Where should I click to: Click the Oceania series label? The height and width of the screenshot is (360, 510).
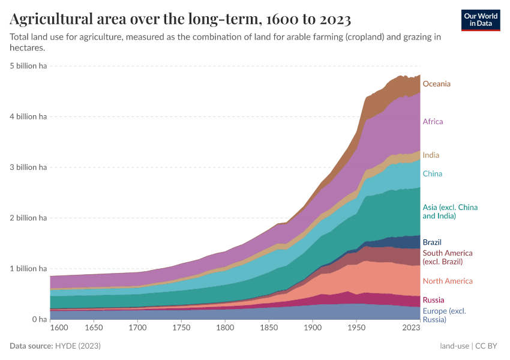pyautogui.click(x=436, y=84)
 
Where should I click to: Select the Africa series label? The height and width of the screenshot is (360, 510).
pyautogui.click(x=433, y=122)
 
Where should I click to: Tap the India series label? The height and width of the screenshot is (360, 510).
pyautogui.click(x=431, y=155)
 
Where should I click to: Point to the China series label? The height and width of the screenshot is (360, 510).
pyautogui.click(x=432, y=174)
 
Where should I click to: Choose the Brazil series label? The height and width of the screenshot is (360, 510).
pyautogui.click(x=432, y=242)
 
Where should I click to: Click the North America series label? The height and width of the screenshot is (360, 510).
pyautogui.click(x=448, y=281)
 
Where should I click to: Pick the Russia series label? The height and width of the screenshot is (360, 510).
pyautogui.click(x=433, y=300)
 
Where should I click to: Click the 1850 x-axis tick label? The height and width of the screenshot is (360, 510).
pyautogui.click(x=269, y=328)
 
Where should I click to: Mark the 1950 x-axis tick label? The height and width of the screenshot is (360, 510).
pyautogui.click(x=356, y=328)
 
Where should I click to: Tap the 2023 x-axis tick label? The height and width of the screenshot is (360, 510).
pyautogui.click(x=411, y=328)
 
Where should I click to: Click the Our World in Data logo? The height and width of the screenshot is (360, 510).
pyautogui.click(x=480, y=20)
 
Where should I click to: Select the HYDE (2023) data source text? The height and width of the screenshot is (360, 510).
pyautogui.click(x=78, y=346)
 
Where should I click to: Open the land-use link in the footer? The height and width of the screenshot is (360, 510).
pyautogui.click(x=454, y=346)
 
